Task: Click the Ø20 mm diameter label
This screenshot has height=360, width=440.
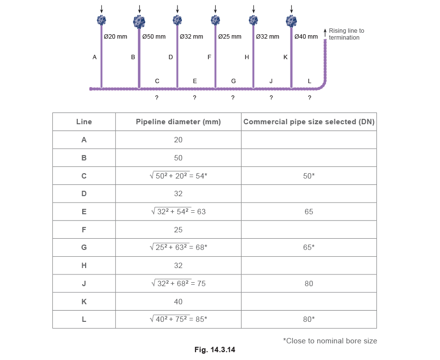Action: tap(116, 37)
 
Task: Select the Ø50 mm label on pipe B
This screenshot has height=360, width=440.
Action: tap(154, 37)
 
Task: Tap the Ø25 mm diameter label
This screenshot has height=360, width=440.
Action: tap(230, 37)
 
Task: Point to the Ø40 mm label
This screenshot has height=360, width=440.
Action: tap(306, 37)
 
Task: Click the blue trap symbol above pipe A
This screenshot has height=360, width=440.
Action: tap(101, 20)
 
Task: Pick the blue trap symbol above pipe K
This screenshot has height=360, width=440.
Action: tap(291, 20)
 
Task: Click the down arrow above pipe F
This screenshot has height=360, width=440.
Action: tap(215, 9)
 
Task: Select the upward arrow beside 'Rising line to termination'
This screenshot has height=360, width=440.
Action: tap(325, 32)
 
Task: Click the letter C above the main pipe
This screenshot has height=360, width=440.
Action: tap(157, 81)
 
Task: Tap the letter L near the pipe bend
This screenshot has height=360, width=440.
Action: tap(309, 81)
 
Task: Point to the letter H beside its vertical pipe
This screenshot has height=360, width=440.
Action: tap(247, 57)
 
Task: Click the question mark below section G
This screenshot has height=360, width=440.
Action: tap(233, 98)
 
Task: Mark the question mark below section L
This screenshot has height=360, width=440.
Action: tap(309, 98)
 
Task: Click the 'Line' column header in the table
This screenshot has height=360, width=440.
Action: tap(84, 121)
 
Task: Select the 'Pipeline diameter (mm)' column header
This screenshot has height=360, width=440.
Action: tap(178, 121)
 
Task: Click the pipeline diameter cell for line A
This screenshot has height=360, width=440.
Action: tap(178, 140)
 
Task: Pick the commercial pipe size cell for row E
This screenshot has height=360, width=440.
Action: tap(308, 212)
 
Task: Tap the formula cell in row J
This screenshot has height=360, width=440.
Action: tap(178, 283)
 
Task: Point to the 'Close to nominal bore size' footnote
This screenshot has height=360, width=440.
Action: tap(330, 339)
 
